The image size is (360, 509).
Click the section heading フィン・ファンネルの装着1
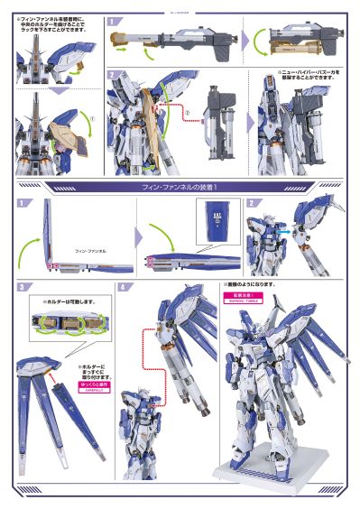180,186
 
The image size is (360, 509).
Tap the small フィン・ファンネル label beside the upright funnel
89,249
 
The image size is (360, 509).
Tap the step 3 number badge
20,287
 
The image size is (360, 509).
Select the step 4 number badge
123,287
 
